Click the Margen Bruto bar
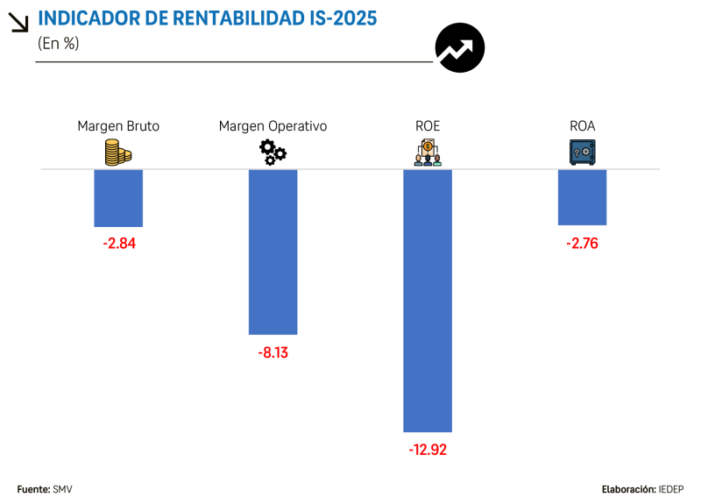(x=118, y=198)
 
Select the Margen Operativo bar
(x=273, y=252)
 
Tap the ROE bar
(x=428, y=300)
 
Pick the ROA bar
(x=583, y=197)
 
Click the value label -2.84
(x=118, y=243)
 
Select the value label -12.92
(x=428, y=450)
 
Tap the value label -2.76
(x=583, y=243)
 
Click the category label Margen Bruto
(x=118, y=126)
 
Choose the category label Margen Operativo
(x=273, y=126)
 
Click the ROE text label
(x=428, y=126)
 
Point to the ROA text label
(x=583, y=126)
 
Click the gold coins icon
(x=118, y=153)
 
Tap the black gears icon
(x=273, y=153)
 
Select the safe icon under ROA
(x=583, y=153)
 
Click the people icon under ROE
(x=428, y=153)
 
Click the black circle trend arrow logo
(x=460, y=47)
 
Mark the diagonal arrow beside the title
(x=18, y=22)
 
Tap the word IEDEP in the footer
(x=672, y=488)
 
